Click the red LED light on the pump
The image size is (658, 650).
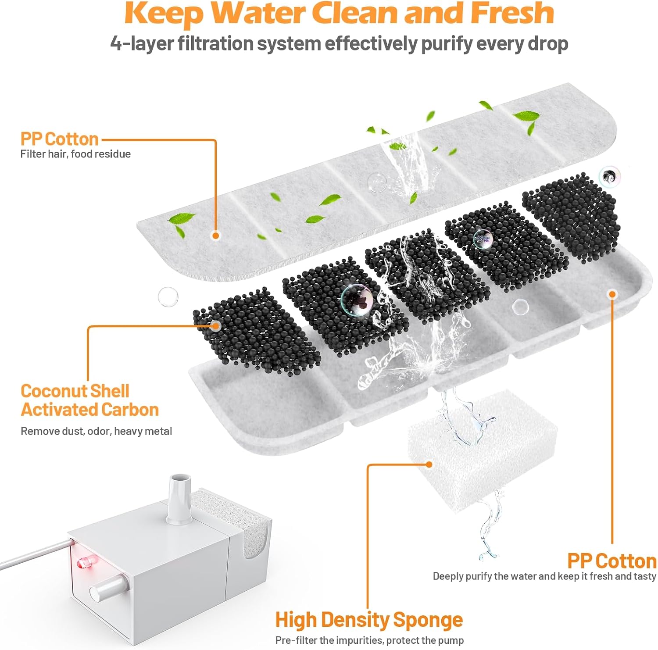[x=82, y=563]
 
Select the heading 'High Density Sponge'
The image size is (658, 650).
[x=369, y=620]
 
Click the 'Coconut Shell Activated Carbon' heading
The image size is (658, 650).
[x=89, y=400]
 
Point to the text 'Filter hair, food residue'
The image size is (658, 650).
[x=75, y=154]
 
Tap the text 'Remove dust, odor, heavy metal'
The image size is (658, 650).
[x=96, y=431]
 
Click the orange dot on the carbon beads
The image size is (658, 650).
[x=215, y=325]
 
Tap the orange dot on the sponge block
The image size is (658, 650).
[x=429, y=464]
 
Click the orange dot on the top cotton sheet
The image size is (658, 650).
[x=215, y=236]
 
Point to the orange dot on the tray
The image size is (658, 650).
[x=612, y=294]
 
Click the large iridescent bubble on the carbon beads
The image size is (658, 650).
[x=357, y=300]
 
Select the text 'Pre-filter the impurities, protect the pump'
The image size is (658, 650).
[x=369, y=640]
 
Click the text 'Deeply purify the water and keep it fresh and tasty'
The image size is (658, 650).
[x=544, y=576]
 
